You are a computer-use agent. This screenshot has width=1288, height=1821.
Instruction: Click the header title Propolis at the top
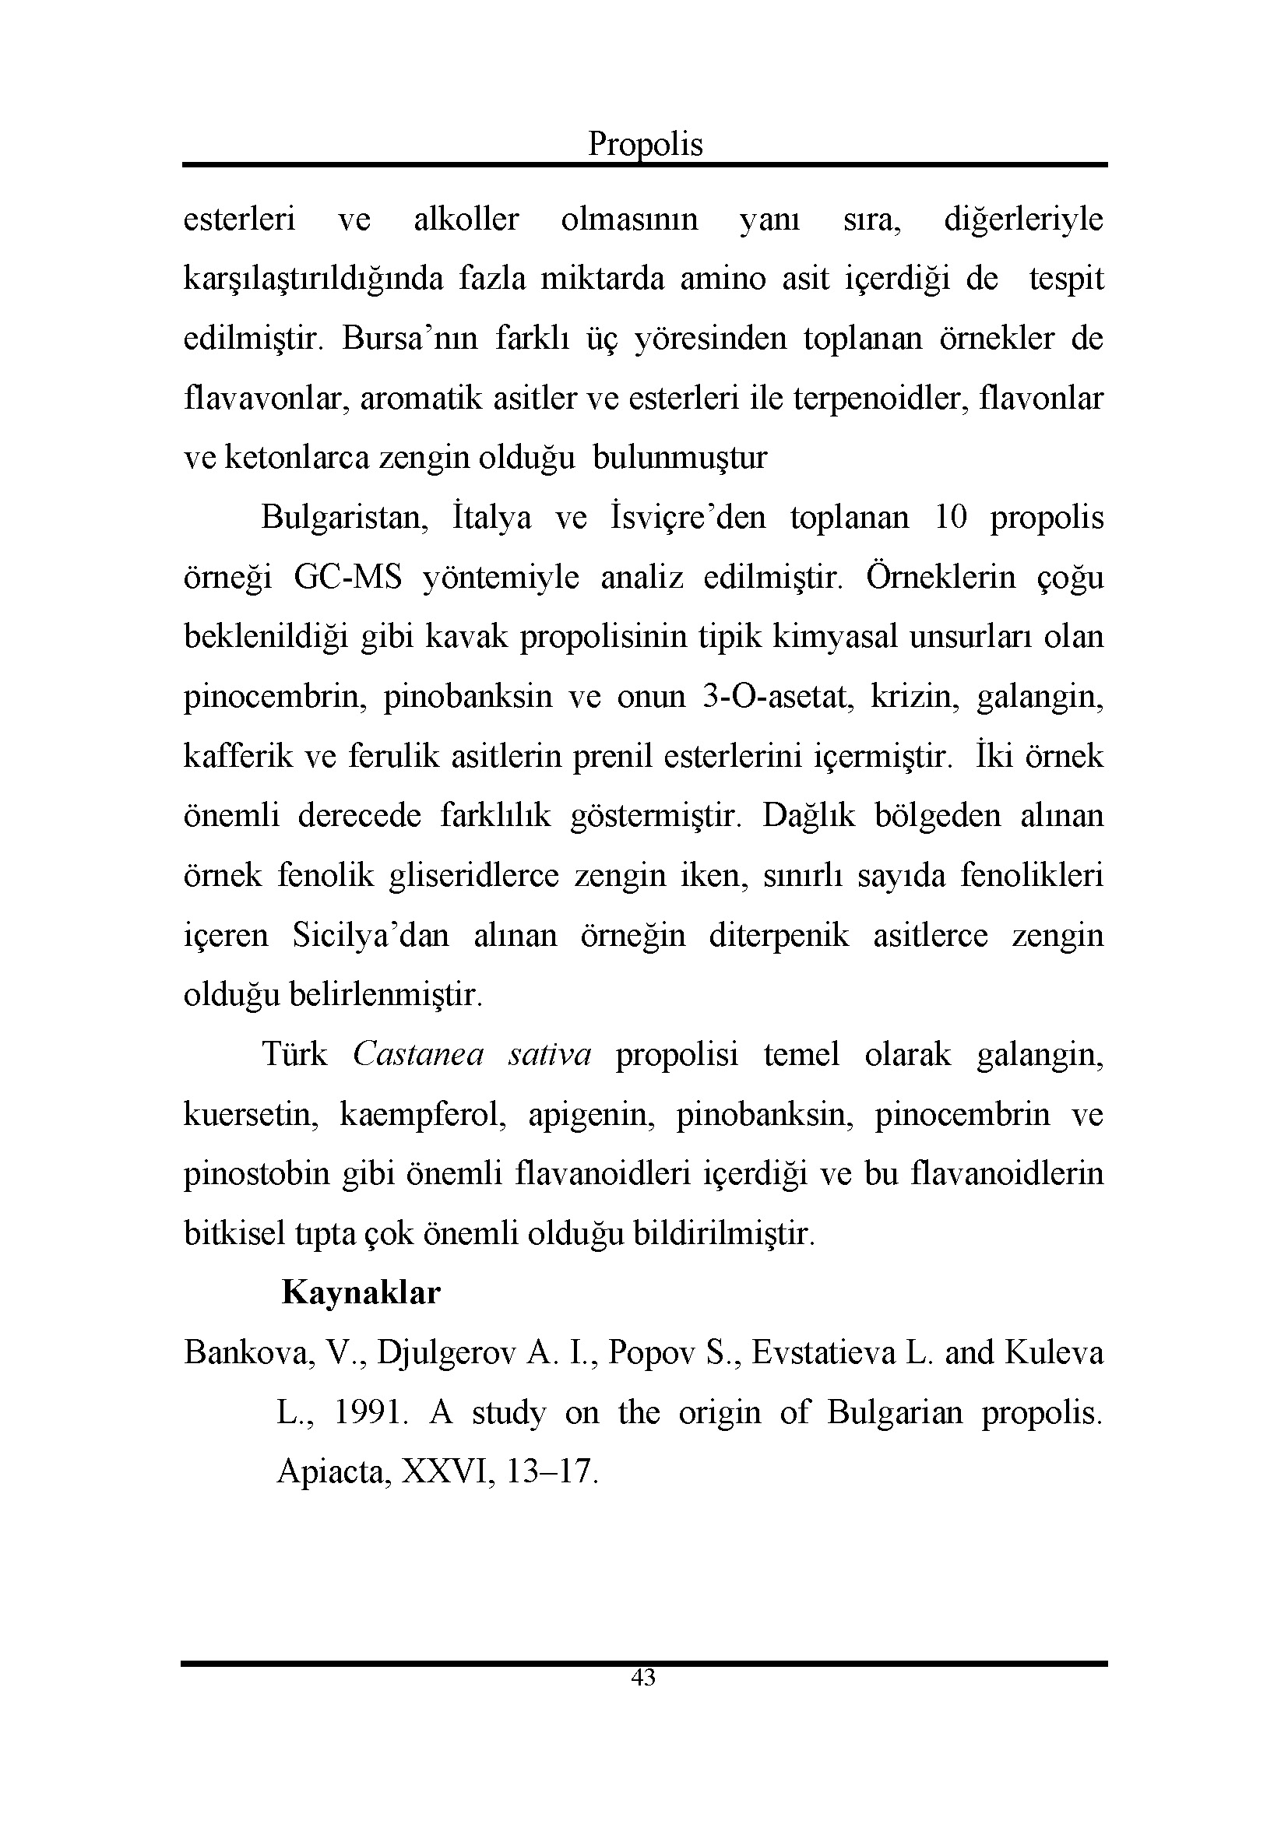pos(645,144)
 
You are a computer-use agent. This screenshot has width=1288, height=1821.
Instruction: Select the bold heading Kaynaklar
pos(361,1293)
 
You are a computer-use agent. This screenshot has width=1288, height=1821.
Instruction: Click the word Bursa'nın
pos(410,339)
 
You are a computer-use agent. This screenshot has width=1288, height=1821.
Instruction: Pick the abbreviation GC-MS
pos(347,578)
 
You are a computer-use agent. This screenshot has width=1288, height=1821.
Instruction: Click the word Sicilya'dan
pos(371,935)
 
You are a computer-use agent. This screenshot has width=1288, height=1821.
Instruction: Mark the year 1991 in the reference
pos(368,1412)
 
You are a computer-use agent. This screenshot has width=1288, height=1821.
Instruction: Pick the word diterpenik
pos(779,935)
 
